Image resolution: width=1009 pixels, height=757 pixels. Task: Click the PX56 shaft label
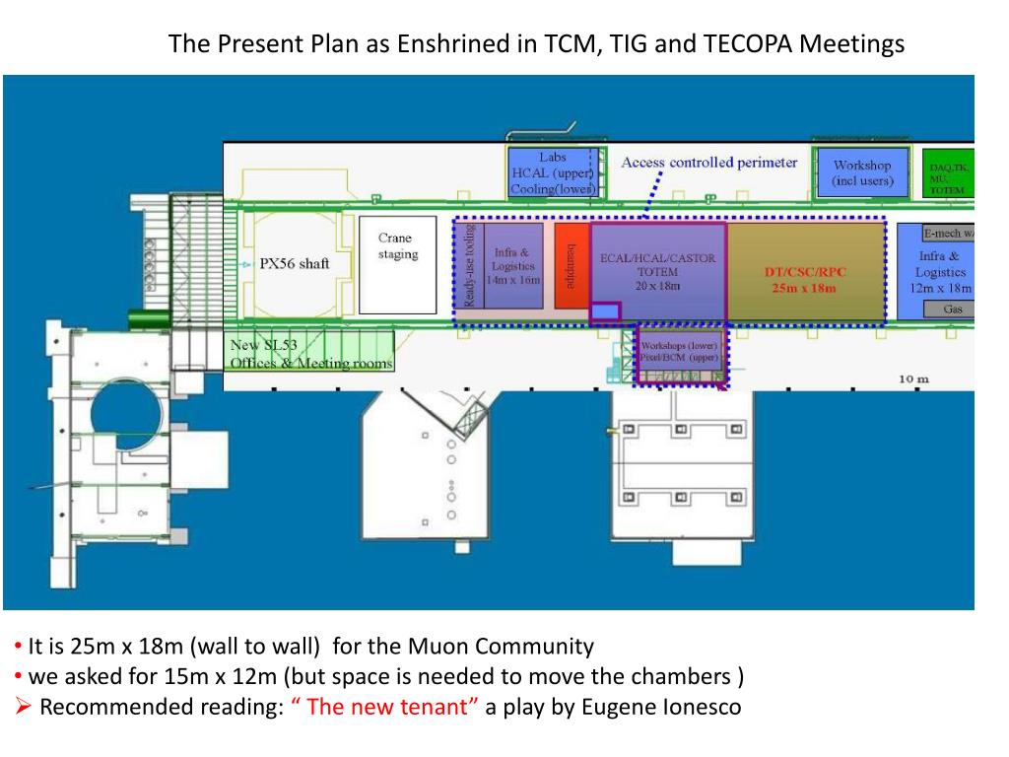[x=295, y=264]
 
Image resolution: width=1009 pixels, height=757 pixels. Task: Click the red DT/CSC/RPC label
[x=805, y=279]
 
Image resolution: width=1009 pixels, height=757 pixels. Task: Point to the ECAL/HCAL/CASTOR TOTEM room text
[x=657, y=271]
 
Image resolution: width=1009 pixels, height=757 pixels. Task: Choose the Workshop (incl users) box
[x=862, y=173]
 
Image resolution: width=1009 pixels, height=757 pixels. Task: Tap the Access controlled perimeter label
[x=709, y=163]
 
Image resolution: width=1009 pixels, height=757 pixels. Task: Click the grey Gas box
[x=952, y=310]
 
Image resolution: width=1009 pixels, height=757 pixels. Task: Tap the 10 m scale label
[x=914, y=379]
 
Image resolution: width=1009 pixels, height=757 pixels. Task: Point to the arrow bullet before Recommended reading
[x=25, y=707]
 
